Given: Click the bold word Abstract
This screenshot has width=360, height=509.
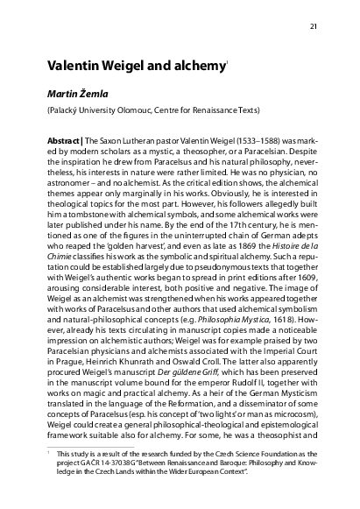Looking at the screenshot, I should [x=67, y=140].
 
